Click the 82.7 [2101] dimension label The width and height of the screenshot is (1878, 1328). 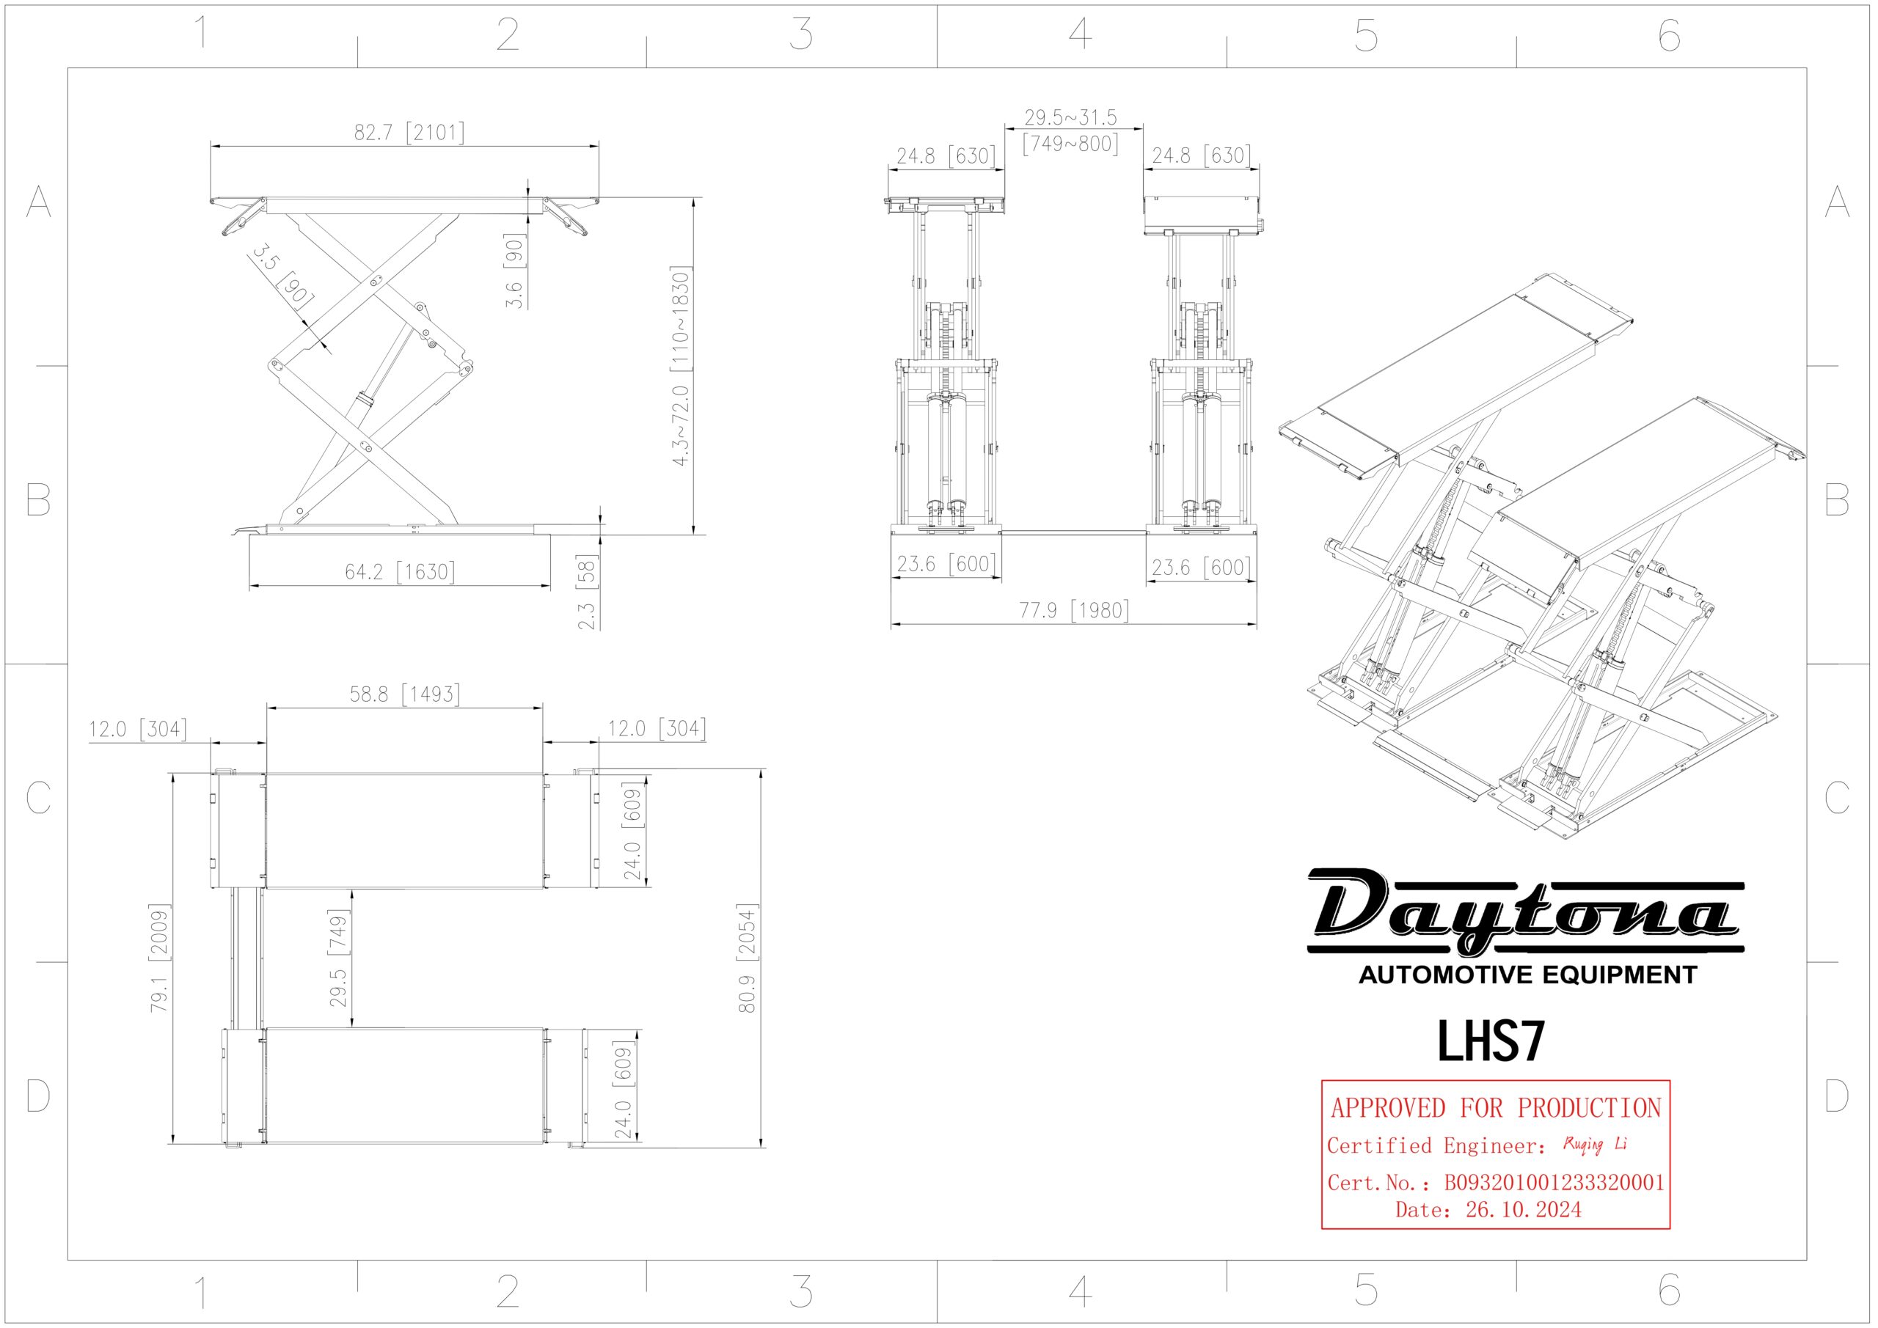tap(409, 133)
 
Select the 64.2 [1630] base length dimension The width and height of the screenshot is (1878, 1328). tap(399, 571)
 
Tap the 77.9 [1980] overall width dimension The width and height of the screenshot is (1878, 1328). tap(1073, 610)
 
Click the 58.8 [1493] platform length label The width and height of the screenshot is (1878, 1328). tap(405, 694)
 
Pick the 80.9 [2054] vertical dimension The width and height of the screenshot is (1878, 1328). tap(748, 958)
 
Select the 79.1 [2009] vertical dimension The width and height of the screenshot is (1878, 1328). tap(159, 958)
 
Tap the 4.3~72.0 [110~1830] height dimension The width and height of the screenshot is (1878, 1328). tap(681, 367)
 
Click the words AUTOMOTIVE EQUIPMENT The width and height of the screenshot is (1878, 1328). tap(1527, 975)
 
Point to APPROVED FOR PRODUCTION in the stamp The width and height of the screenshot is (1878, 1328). tap(1495, 1108)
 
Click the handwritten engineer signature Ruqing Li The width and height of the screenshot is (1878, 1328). tap(1594, 1144)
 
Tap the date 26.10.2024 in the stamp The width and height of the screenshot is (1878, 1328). tap(1523, 1209)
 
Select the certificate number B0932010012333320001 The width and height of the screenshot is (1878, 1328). tap(1553, 1183)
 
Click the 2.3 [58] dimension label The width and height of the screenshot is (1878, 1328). tap(588, 592)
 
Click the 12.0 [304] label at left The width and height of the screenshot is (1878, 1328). tap(137, 729)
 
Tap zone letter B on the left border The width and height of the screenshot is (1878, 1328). tap(37, 499)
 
